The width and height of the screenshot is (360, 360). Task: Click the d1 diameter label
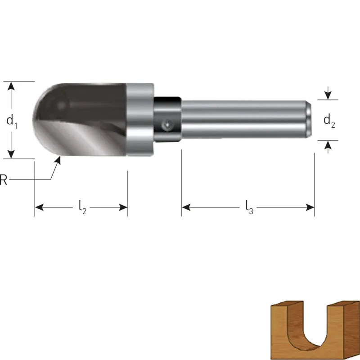[12, 121]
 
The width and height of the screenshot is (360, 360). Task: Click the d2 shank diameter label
[329, 121]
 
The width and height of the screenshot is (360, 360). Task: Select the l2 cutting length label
[83, 207]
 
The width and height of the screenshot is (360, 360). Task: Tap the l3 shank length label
[249, 207]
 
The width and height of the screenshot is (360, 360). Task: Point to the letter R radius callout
[3, 180]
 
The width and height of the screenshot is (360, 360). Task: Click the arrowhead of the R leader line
[58, 160]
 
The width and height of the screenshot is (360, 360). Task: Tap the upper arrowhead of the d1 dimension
[11, 86]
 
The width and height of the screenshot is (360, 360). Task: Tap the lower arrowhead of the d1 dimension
[11, 154]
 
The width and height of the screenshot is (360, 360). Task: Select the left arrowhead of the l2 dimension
[39, 207]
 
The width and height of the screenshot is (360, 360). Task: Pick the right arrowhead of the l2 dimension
[123, 207]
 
